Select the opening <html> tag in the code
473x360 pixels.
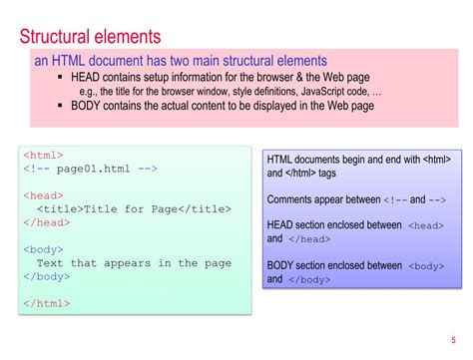44,156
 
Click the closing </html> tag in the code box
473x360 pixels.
47,304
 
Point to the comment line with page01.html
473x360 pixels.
91,169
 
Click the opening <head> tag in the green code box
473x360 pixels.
44,195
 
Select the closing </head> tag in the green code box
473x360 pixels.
47,222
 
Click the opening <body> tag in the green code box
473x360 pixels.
44,249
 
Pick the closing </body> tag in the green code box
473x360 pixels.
47,276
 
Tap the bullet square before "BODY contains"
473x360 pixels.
62,105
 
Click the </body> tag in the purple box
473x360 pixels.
309,280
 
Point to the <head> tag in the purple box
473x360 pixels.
426,226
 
